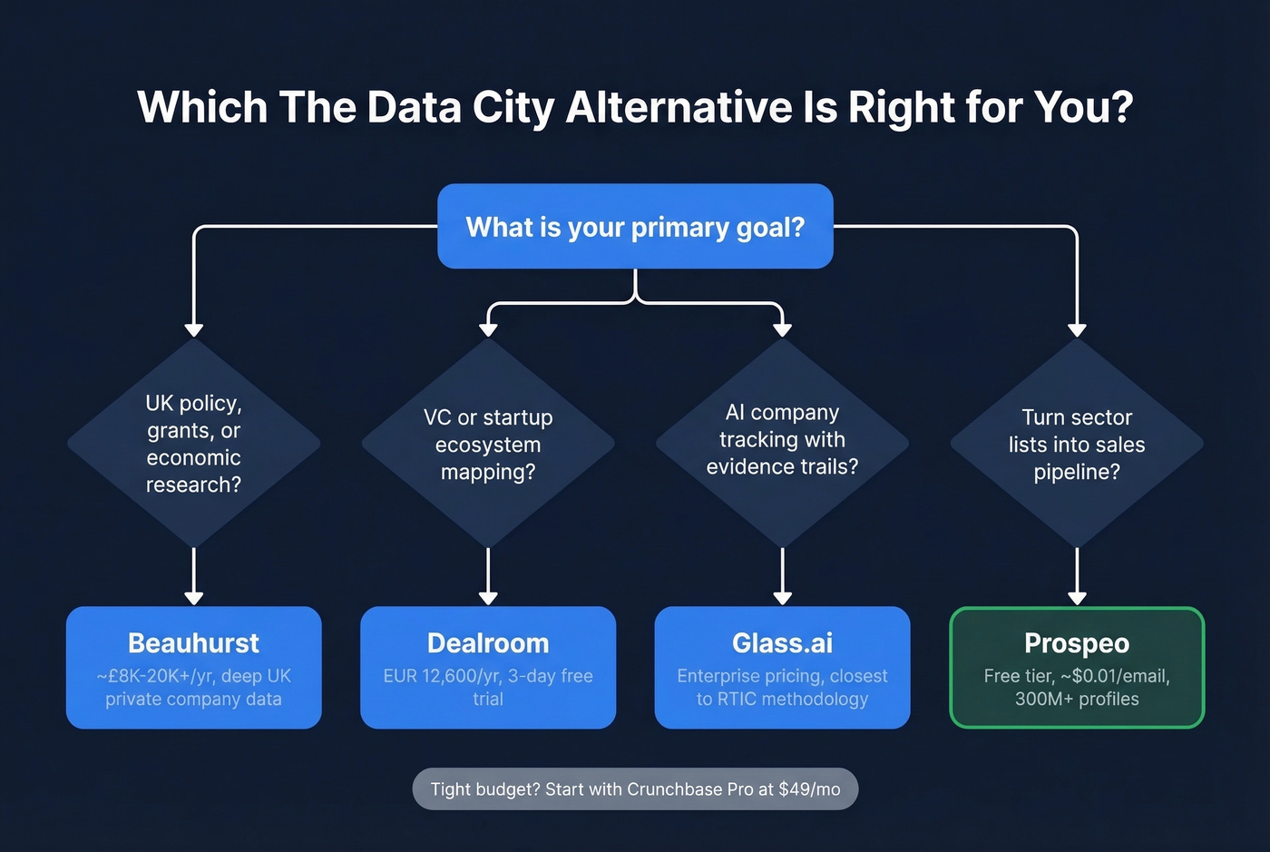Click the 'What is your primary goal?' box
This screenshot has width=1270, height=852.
[x=635, y=227]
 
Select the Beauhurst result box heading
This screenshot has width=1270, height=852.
[x=193, y=643]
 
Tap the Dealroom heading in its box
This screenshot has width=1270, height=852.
[x=488, y=643]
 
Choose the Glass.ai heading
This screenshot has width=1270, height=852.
[x=782, y=643]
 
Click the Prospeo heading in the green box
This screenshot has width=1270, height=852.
[x=1077, y=643]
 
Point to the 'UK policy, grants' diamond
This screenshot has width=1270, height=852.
[x=193, y=444]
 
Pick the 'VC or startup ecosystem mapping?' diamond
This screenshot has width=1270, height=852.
[x=488, y=444]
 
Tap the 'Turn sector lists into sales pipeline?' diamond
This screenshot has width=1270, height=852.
[x=1077, y=444]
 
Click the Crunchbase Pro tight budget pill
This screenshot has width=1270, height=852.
[x=635, y=789]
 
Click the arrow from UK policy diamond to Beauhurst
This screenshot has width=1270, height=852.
[x=193, y=577]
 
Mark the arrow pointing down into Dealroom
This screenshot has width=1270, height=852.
[x=488, y=577]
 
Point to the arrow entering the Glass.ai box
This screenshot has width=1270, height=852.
[x=782, y=577]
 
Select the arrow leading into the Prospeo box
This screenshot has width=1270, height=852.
[x=1077, y=577]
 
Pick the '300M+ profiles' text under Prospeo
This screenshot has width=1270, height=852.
[x=1077, y=700]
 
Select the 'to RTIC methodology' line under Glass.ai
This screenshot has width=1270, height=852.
[x=782, y=700]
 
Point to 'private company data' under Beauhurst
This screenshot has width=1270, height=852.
[x=193, y=700]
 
